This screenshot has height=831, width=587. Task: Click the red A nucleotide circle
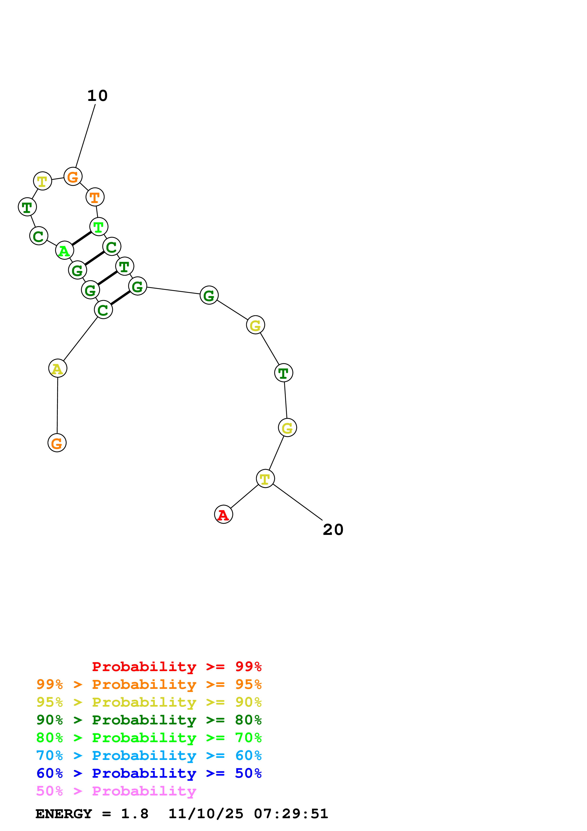224,514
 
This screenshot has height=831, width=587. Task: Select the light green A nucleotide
64,250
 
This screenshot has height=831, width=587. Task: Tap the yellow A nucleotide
58,368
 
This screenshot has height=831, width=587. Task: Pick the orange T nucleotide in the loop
95,197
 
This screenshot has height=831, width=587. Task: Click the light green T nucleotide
99,226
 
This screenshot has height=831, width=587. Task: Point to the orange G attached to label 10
73,177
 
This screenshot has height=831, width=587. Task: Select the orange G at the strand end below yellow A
57,443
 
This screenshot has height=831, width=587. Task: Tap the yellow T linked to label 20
265,479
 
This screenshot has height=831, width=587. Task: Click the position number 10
97,96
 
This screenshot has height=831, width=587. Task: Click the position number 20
333,530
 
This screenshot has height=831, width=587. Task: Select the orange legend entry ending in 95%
149,684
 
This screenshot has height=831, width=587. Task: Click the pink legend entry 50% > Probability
116,791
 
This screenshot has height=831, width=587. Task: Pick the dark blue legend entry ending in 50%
149,773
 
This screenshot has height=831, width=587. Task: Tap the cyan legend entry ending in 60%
149,756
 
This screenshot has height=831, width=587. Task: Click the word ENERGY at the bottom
64,814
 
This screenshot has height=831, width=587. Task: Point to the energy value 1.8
134,814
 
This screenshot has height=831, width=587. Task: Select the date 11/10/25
206,814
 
